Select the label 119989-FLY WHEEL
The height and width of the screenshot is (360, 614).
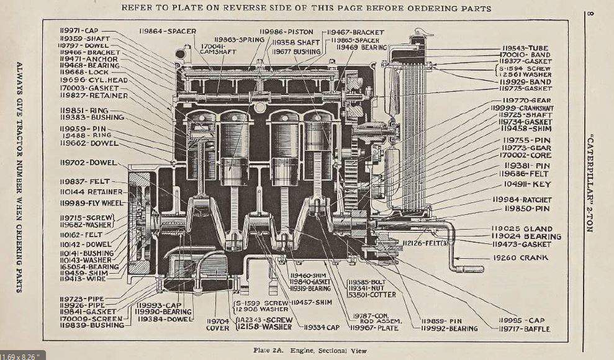[91, 202]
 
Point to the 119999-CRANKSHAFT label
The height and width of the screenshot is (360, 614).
[521, 107]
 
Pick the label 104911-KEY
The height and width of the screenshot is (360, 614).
[527, 184]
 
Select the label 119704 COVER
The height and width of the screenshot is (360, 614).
[217, 324]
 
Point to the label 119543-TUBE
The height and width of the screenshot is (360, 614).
[525, 48]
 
